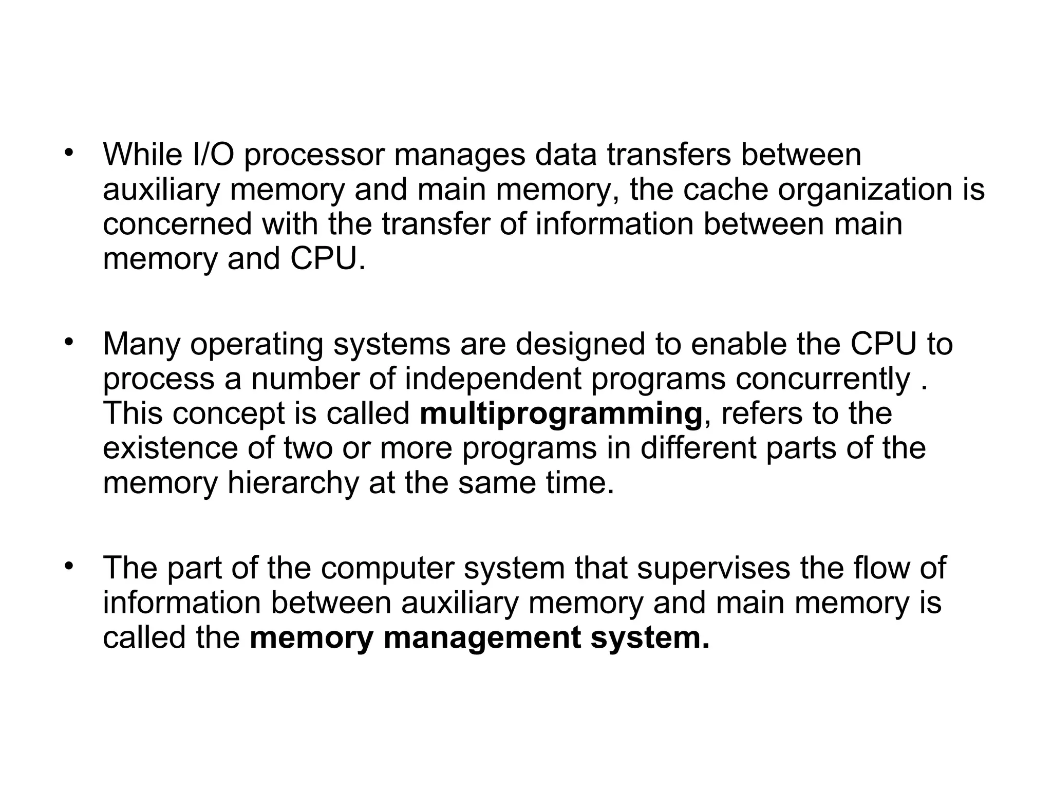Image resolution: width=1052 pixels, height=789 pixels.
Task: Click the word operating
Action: (257, 345)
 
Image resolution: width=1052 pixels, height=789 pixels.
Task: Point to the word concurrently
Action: (822, 379)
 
